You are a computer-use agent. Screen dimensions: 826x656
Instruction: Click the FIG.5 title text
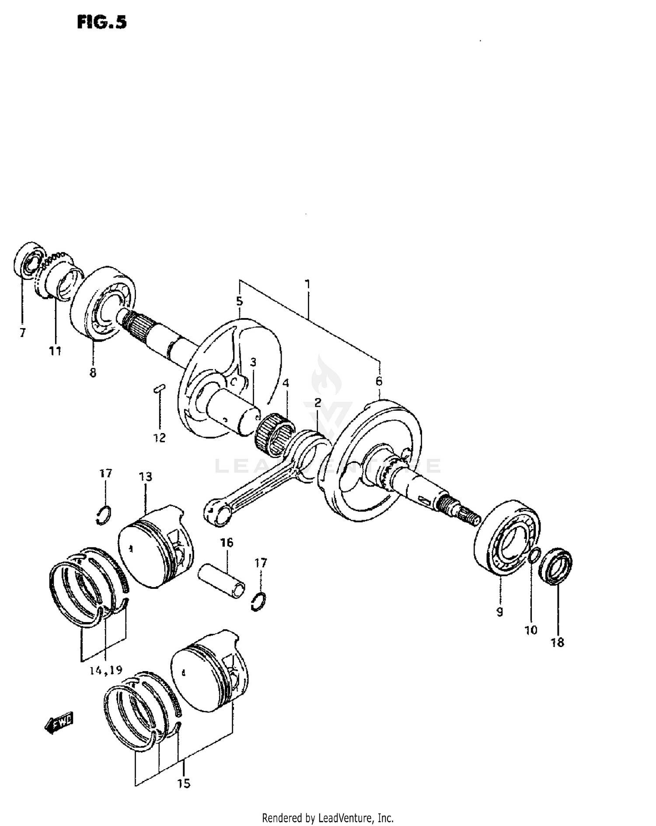pos(101,22)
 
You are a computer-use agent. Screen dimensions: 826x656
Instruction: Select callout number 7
pos(23,333)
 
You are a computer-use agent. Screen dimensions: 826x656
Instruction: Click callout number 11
pos(55,350)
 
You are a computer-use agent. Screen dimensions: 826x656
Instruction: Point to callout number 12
pos(160,437)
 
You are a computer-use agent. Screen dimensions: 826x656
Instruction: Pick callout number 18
pos(558,642)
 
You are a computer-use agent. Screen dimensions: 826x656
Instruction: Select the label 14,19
pos(106,670)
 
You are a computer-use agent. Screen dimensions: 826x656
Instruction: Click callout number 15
pos(184,784)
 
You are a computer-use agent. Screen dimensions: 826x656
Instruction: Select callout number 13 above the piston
pos(146,477)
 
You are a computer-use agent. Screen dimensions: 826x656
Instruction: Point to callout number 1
pos(307,284)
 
